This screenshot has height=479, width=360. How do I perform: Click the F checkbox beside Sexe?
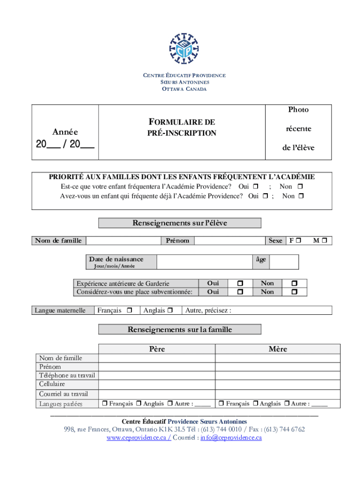pos(298,240)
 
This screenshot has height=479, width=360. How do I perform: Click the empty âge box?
pos(284,261)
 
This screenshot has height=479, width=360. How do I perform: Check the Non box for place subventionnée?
pos(294,292)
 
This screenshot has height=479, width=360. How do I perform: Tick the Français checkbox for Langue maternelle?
pos(130,310)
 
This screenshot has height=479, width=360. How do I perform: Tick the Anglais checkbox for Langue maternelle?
pos(170,310)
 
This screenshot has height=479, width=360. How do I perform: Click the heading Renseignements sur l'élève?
pos(180,223)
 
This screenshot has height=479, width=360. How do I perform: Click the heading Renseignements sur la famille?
pos(180,329)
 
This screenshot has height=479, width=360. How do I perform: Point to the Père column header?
pos(157,349)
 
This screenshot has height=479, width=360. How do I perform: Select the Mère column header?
pos(278,349)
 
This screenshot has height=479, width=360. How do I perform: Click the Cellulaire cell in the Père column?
pos(157,385)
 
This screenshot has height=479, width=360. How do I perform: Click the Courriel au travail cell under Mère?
pos(278,394)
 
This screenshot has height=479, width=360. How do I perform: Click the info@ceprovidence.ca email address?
pos(231,438)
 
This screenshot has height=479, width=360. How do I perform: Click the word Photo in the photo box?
pos(298,109)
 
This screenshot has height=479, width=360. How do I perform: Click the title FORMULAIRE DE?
pos(181,122)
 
